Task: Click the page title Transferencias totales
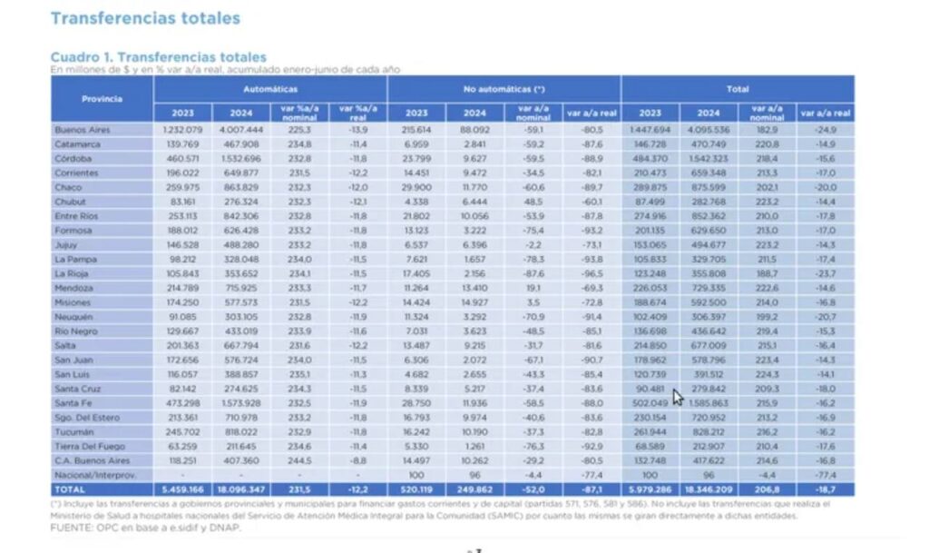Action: (145, 18)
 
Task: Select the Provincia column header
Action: (102, 98)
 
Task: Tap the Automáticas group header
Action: (270, 89)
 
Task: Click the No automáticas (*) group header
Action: (504, 89)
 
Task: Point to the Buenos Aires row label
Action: (83, 130)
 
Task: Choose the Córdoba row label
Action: (73, 158)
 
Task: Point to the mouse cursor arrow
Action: (677, 396)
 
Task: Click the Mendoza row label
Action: (73, 287)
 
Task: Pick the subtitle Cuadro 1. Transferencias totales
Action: (158, 57)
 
